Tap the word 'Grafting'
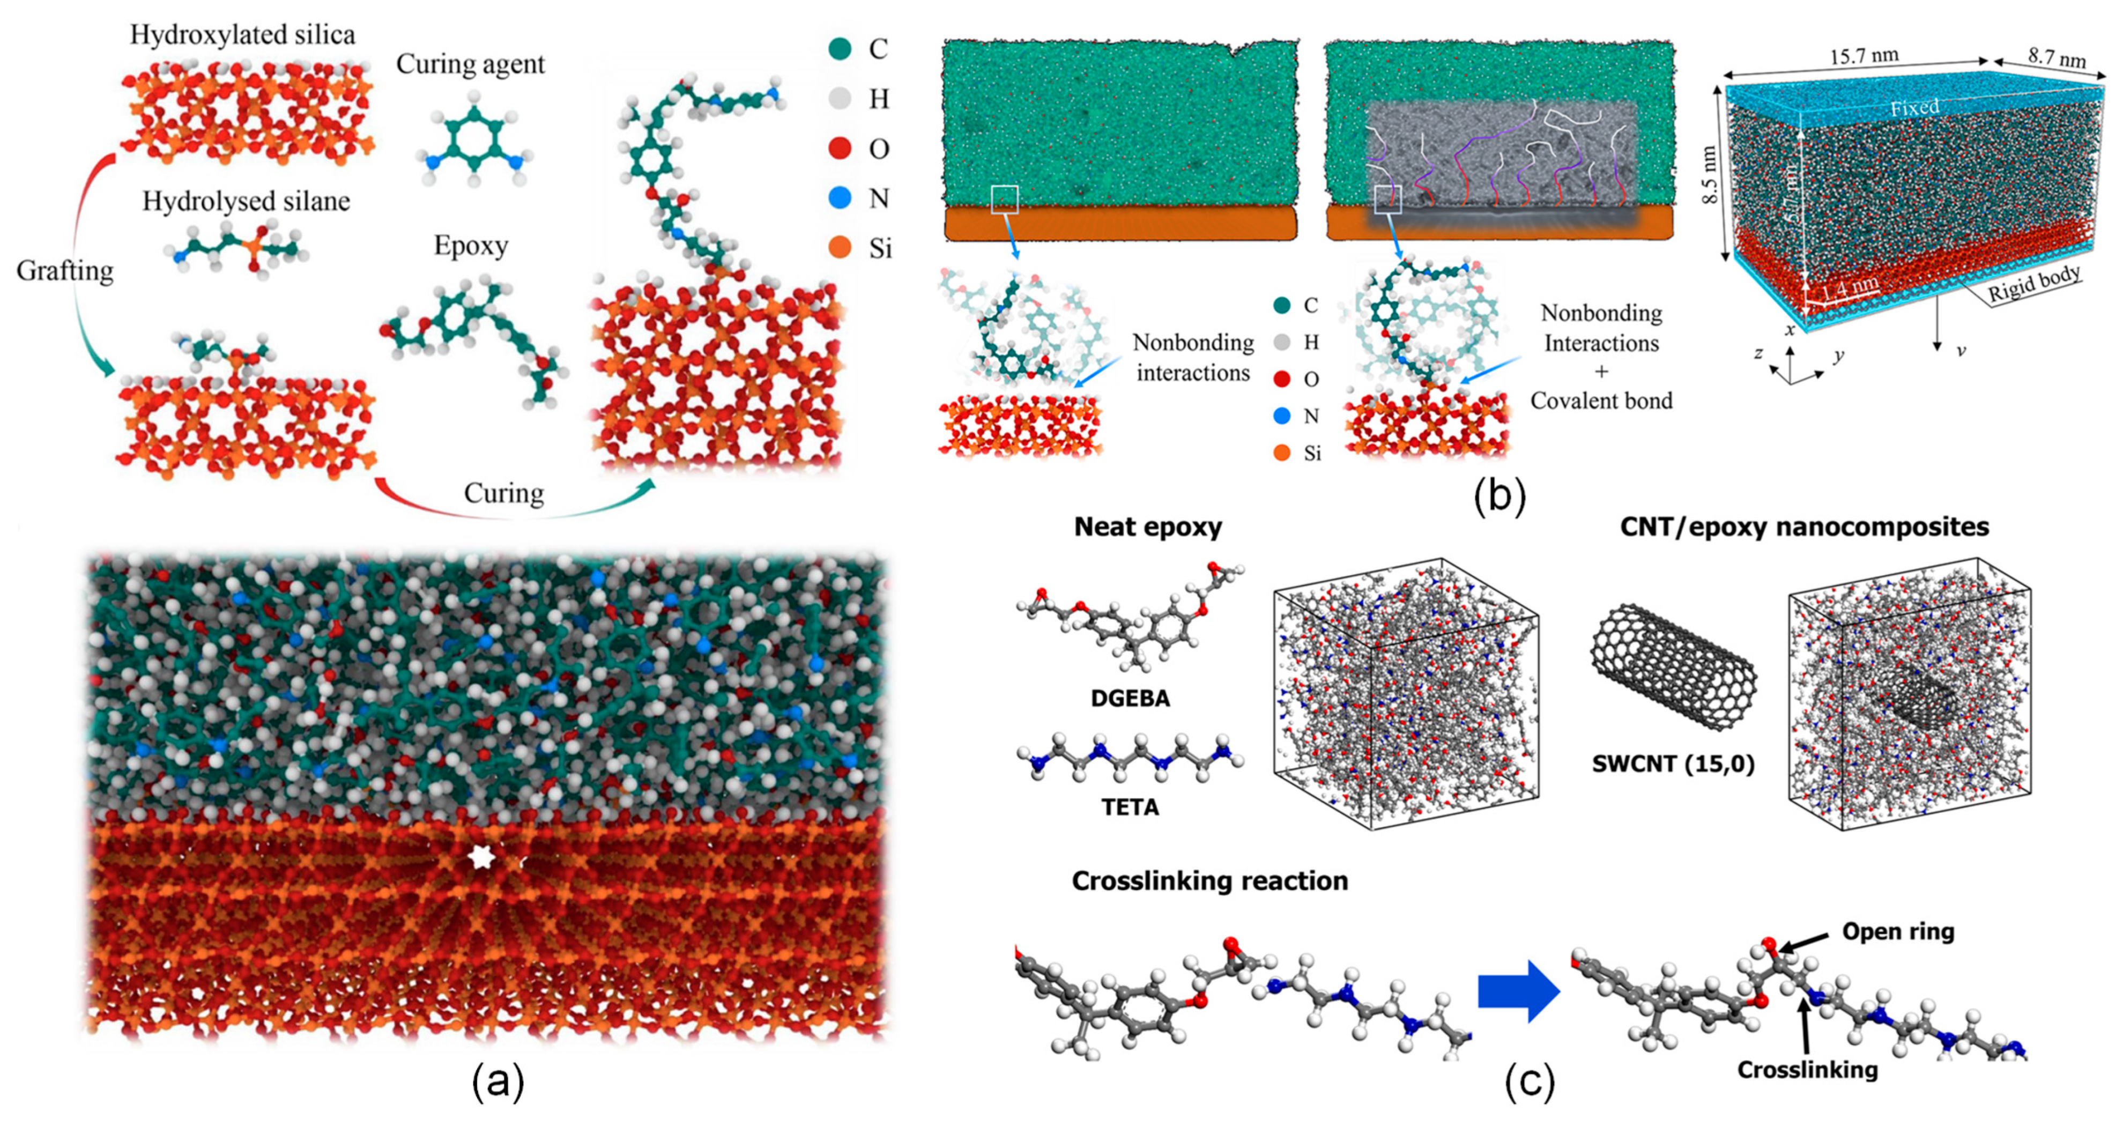(x=65, y=270)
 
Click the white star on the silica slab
(x=480, y=857)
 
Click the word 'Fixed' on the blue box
(x=1914, y=107)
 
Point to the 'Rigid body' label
(x=2033, y=284)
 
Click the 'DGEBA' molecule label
(x=1130, y=698)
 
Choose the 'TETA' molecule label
(x=1130, y=806)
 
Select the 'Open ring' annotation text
(x=1897, y=931)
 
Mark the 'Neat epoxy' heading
(x=1148, y=527)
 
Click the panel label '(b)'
(x=1498, y=496)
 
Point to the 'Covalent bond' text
(x=1601, y=401)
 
